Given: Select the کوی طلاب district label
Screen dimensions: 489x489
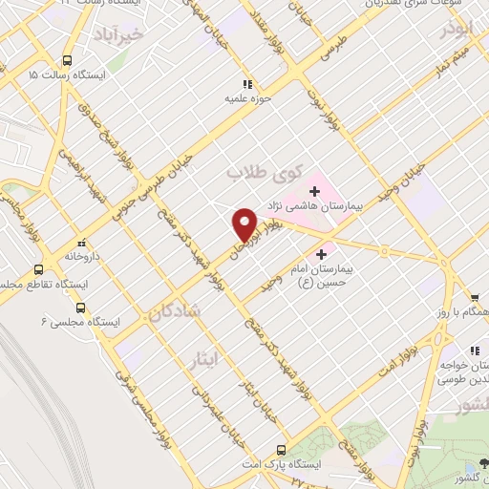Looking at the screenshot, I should point(263,174).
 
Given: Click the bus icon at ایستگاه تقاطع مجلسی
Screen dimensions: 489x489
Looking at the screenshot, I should point(38,270).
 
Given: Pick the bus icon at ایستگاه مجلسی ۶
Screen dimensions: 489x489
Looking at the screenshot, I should point(80,308).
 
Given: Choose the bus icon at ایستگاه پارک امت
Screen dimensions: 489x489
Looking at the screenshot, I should point(280,449).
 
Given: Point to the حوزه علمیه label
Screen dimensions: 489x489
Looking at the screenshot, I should point(249,96).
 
